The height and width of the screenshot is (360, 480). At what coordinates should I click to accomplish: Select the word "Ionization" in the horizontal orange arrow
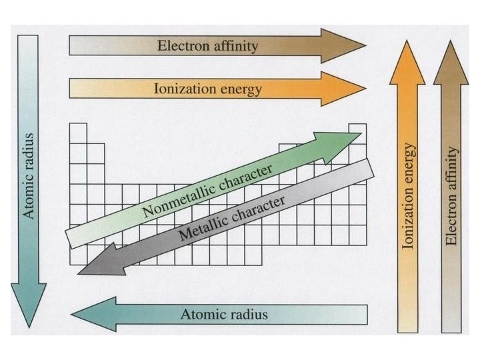tap(183, 88)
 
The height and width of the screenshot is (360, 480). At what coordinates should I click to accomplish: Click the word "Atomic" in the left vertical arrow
tap(29, 193)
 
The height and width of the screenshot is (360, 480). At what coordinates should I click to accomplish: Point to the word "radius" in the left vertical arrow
tap(29, 151)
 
